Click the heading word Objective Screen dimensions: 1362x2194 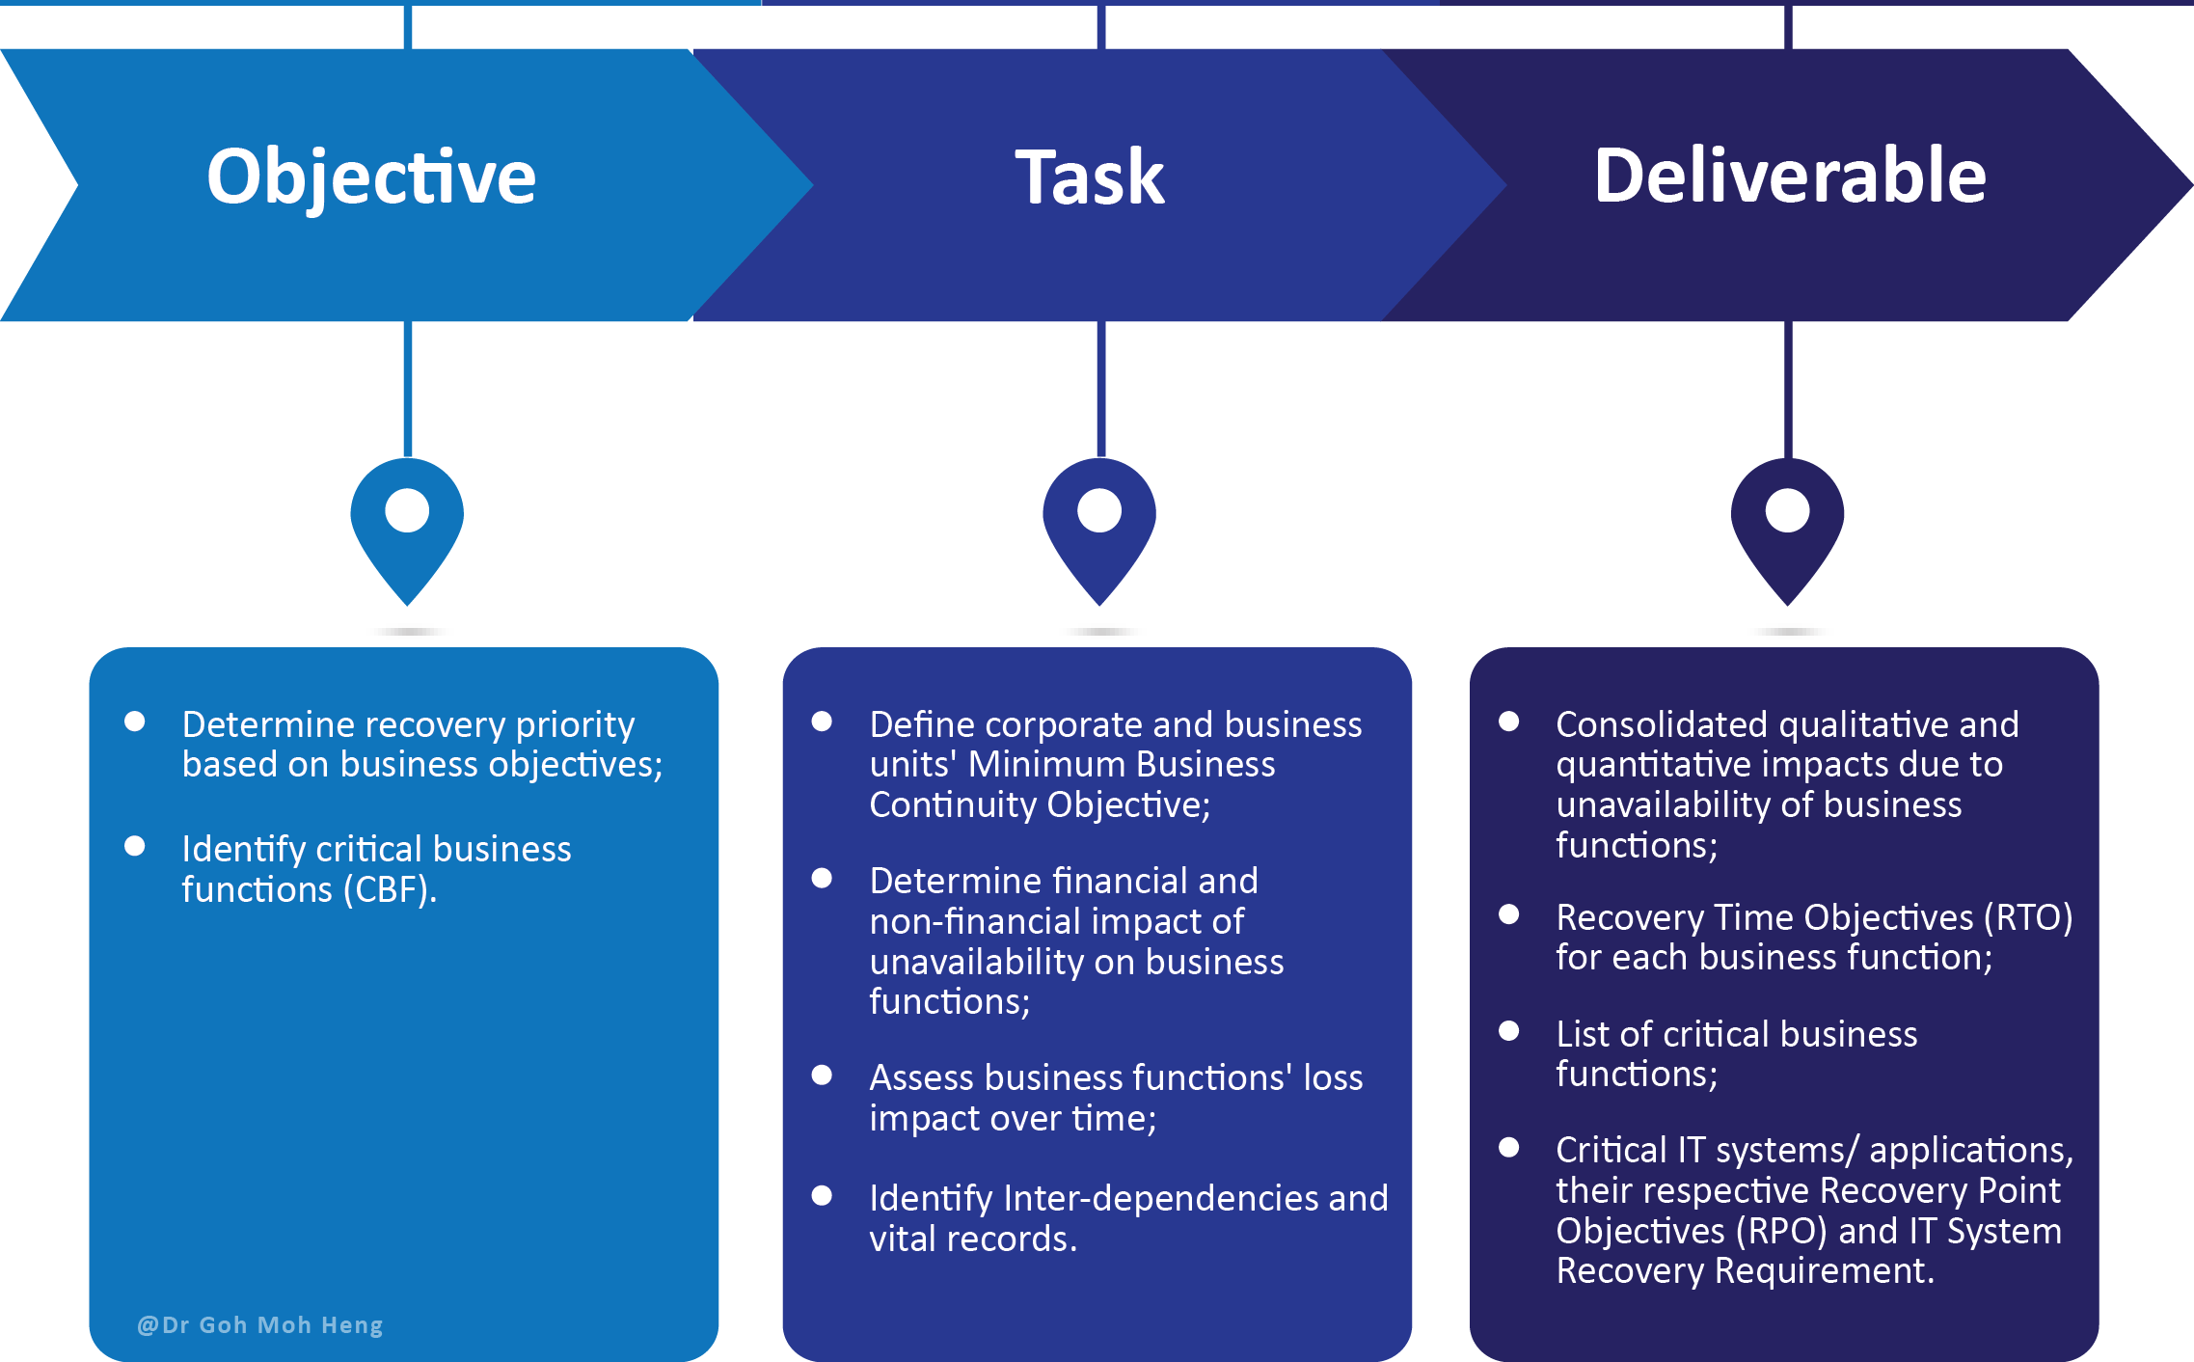[371, 177]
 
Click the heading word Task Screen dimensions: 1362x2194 [1090, 177]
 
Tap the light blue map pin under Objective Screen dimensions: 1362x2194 [407, 526]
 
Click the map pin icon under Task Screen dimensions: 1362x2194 [1099, 526]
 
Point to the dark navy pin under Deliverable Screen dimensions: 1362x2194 [1787, 526]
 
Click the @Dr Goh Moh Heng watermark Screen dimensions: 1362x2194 [260, 1324]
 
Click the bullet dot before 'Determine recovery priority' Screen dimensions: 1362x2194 [135, 722]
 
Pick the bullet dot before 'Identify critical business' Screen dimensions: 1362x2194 [135, 846]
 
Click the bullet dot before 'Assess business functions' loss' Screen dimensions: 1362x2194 [822, 1075]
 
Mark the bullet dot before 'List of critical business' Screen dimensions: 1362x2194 [1509, 1031]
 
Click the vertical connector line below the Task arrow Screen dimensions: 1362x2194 [1100, 390]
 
